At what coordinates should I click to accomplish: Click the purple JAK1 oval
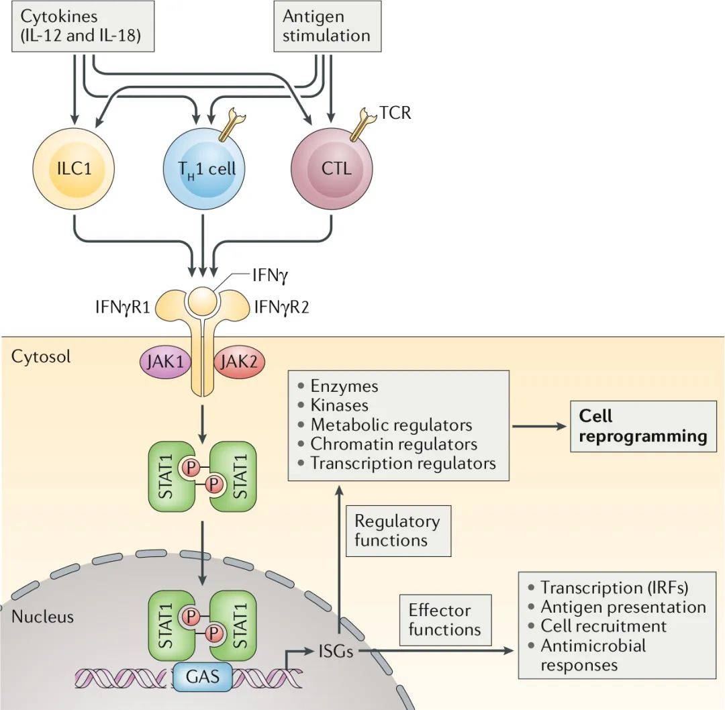tap(165, 361)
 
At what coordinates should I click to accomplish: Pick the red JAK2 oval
tap(240, 362)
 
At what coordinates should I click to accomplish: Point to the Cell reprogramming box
tap(642, 427)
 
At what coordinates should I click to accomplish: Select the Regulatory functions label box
tap(397, 530)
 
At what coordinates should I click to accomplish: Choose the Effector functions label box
tap(444, 619)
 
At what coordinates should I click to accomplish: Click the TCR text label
tap(395, 113)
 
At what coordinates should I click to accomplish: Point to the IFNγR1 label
tap(123, 308)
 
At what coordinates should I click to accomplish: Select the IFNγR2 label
tap(281, 308)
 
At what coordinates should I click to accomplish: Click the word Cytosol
tap(41, 355)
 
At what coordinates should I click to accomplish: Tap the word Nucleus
tap(42, 616)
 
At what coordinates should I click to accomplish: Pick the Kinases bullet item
tap(339, 405)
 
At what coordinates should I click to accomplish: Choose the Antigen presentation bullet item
tap(623, 607)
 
